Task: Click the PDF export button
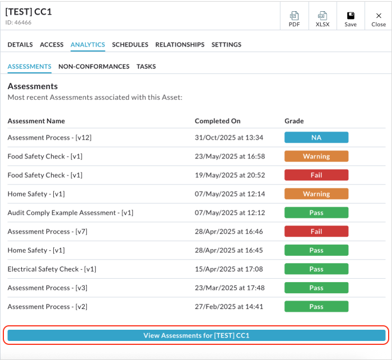[294, 19]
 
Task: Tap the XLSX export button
[323, 19]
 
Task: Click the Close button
[379, 19]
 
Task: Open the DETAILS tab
[20, 45]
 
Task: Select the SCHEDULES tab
[130, 45]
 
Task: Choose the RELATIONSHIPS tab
[180, 45]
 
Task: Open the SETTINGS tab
[226, 45]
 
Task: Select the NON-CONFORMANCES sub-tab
[94, 67]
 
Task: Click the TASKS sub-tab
[146, 67]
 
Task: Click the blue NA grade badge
[316, 138]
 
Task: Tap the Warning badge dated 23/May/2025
[316, 156]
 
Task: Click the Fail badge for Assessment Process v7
[316, 231]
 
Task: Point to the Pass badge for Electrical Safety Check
[316, 269]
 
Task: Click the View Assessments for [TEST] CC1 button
[196, 335]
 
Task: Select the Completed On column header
[217, 121]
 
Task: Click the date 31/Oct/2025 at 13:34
[229, 138]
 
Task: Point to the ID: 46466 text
[18, 22]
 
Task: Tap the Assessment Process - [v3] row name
[47, 288]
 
